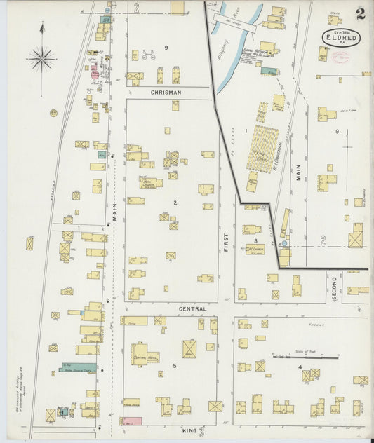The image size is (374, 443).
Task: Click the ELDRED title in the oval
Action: (342, 39)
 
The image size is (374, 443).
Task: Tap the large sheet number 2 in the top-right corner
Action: (359, 13)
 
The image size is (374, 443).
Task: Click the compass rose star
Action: (42, 59)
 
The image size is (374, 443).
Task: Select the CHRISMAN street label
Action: (166, 92)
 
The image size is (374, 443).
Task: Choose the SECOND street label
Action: (335, 287)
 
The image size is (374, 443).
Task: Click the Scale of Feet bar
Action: (296, 357)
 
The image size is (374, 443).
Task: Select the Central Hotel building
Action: (144, 353)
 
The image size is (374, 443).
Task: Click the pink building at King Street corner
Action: (132, 421)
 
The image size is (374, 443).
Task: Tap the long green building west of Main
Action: (78, 367)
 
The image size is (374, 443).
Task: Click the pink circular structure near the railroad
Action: (95, 74)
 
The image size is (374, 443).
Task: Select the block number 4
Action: (300, 367)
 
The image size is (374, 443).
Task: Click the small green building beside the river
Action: (269, 71)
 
